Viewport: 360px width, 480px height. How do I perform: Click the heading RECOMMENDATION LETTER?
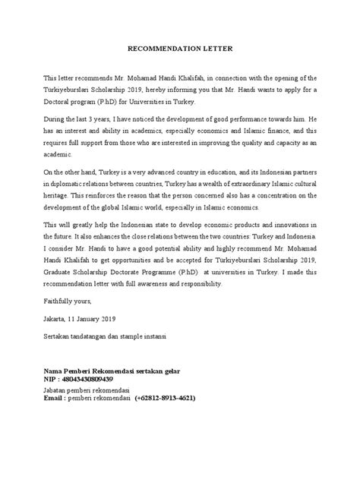pos(180,50)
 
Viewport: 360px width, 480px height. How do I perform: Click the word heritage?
pos(57,196)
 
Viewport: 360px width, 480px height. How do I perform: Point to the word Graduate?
pos(62,273)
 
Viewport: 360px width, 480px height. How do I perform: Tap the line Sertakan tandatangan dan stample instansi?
pos(109,335)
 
